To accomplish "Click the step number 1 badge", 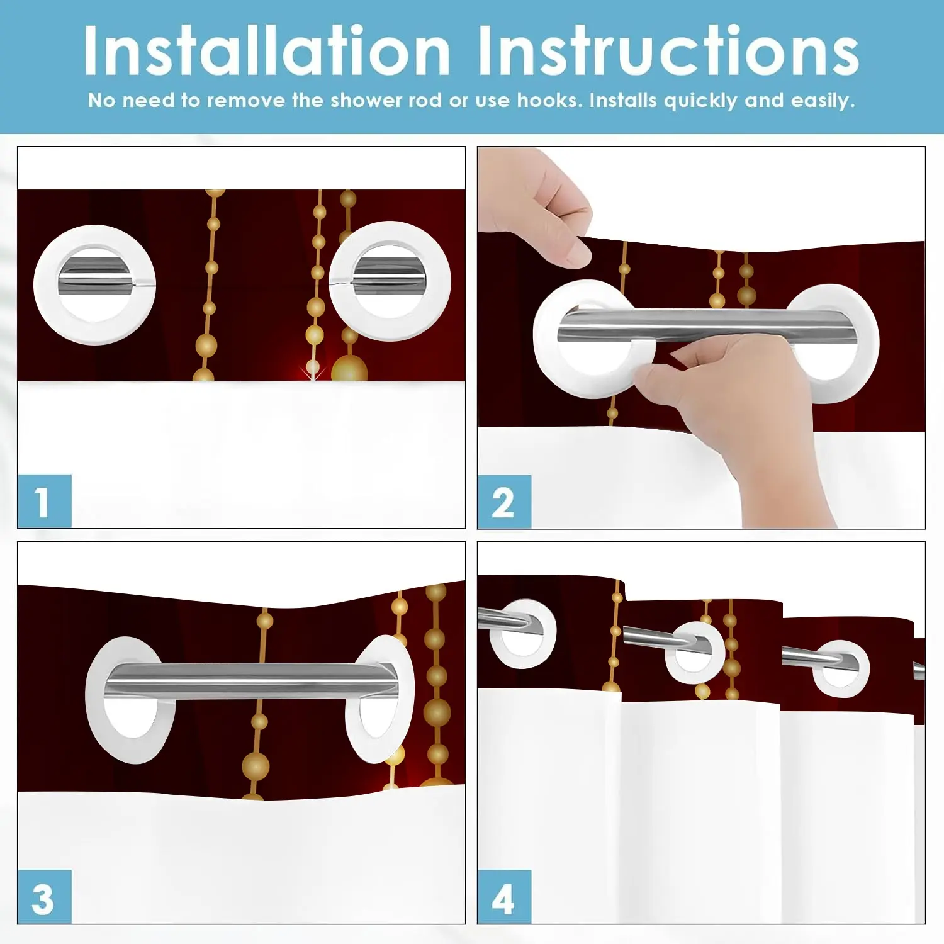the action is tap(44, 502).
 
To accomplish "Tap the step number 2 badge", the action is tap(504, 502).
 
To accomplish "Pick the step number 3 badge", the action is tap(44, 897).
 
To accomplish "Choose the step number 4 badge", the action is tap(504, 897).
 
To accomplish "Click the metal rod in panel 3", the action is tap(252, 680).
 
